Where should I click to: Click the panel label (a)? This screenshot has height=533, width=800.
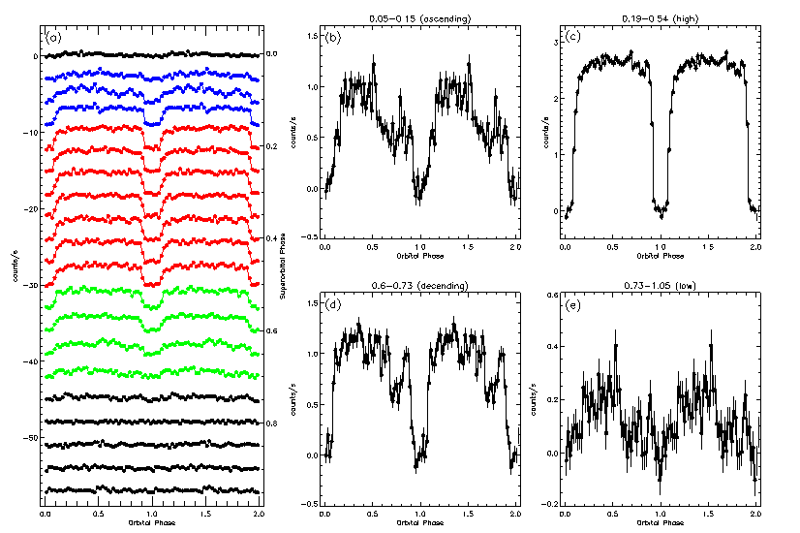pos(54,38)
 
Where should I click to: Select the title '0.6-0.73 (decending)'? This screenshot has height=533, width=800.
pos(419,286)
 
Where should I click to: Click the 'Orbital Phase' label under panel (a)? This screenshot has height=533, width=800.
pos(151,524)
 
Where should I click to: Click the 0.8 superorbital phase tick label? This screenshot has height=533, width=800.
pos(271,423)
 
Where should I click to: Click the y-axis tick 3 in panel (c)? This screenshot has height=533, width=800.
pos(550,43)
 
